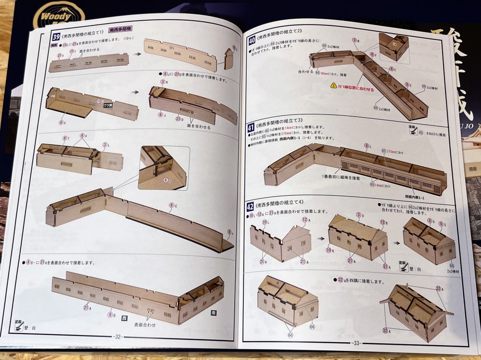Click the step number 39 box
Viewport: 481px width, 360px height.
(x=56, y=37)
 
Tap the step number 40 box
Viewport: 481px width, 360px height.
(x=251, y=41)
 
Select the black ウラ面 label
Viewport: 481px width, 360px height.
(x=109, y=105)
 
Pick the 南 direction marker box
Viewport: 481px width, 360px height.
(x=214, y=312)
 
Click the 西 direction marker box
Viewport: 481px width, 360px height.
(x=124, y=318)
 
